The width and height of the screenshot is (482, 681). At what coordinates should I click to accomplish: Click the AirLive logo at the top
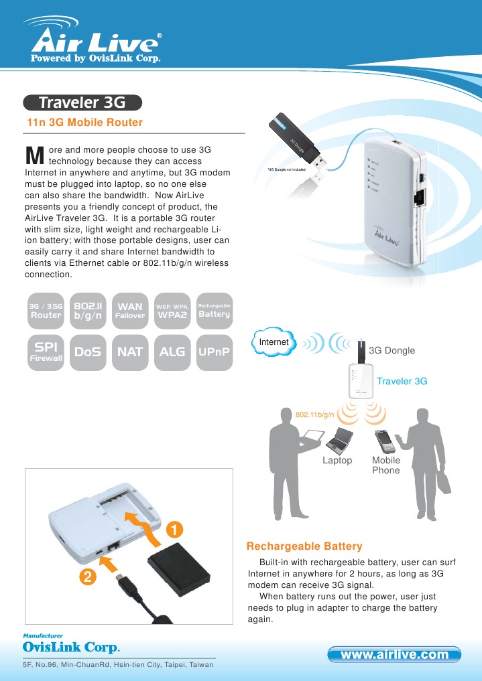coord(94,44)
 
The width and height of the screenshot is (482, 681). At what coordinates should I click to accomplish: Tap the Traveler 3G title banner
coord(82,102)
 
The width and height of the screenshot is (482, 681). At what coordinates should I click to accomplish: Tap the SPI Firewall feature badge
coord(45,352)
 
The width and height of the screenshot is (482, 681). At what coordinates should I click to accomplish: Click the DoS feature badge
coord(87,352)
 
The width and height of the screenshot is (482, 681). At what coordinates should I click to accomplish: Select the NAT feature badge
coord(130,352)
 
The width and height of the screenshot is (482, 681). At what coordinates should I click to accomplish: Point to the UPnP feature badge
coord(215,352)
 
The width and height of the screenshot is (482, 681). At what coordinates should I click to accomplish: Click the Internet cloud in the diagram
coord(274,342)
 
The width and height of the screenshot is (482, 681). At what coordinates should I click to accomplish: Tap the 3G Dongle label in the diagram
coord(392,351)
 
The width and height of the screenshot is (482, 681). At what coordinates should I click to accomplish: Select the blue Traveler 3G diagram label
coord(402,381)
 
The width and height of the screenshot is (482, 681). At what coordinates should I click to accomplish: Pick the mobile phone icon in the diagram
coord(385,441)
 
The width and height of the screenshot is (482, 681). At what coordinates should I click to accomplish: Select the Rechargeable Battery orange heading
coord(304,546)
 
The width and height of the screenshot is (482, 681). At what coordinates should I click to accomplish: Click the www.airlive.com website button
coord(395,654)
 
